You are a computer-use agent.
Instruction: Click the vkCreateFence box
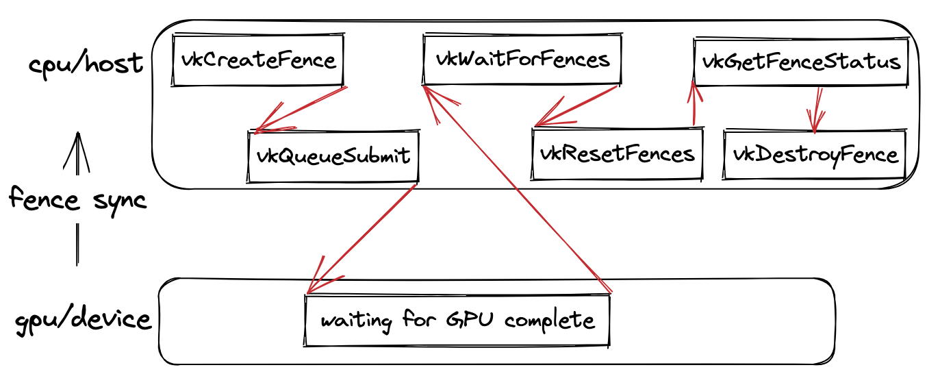coord(258,60)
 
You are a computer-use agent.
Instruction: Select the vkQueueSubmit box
coord(333,156)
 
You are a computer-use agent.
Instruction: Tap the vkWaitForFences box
coord(522,59)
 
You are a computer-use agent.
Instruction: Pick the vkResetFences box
coord(617,153)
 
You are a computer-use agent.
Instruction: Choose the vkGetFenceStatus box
coord(801,62)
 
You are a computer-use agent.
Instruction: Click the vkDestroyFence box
coord(815,154)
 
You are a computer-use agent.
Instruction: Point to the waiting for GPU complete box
coord(457,320)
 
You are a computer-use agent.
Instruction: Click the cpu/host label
coord(86,64)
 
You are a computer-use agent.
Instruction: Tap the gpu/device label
coord(83,320)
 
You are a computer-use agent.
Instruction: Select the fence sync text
coord(77,200)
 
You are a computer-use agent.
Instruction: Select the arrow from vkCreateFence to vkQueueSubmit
coord(301,108)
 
